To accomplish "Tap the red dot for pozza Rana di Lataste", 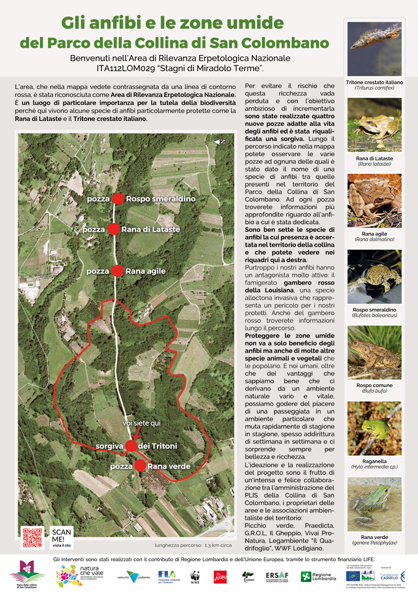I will (x=113, y=229).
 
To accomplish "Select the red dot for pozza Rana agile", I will (x=118, y=271).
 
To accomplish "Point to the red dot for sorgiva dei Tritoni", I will (x=131, y=446).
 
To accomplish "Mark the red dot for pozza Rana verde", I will (x=139, y=466).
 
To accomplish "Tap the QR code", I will (x=33, y=537).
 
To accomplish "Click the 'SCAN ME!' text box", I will (x=62, y=536).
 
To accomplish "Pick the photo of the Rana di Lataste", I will (x=374, y=124).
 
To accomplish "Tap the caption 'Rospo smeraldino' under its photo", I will (x=374, y=310).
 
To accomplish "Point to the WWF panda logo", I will (x=195, y=576).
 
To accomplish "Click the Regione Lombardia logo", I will (x=314, y=576).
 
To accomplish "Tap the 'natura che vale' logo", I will (x=74, y=576).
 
